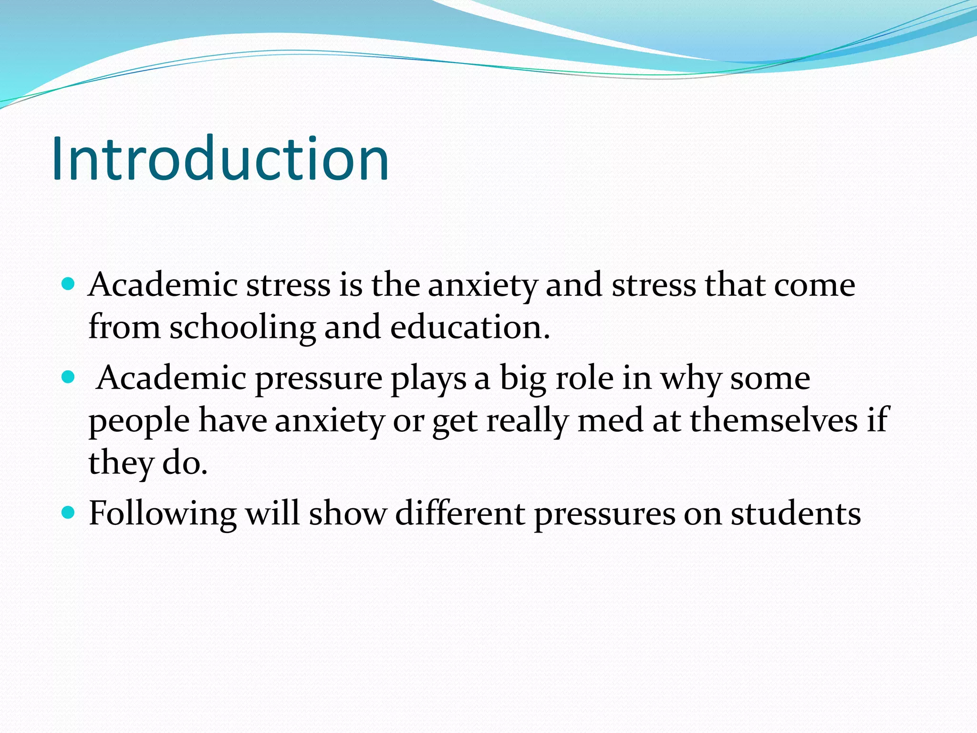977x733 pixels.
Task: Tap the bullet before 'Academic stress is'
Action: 69,284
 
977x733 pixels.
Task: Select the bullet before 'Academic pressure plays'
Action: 69,378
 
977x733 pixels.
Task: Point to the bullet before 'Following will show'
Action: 69,513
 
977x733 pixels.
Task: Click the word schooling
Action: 242,328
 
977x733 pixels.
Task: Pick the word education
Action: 469,328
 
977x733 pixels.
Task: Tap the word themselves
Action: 773,420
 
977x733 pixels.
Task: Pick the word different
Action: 460,513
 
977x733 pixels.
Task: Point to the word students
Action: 796,513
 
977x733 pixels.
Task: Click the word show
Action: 347,513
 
